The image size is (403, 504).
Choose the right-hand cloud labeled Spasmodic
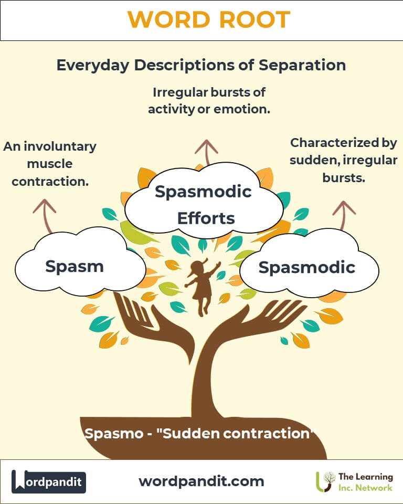pos(307,267)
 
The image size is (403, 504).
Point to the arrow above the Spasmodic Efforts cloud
pos(206,152)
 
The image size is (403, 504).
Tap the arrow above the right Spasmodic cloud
pos(344,213)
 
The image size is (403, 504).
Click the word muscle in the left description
pos(50,164)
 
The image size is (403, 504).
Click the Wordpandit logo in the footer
pos(49,481)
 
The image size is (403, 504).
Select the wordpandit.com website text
pos(201,481)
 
